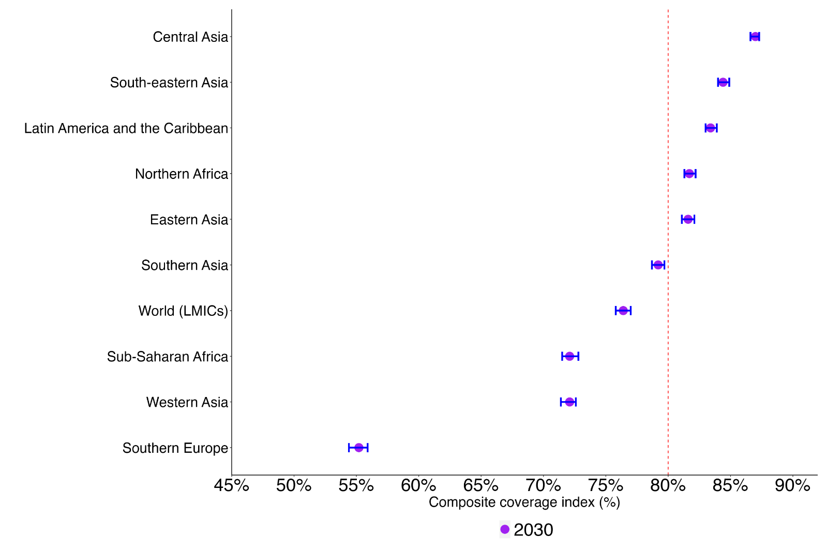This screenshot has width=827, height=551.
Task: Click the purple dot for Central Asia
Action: [755, 36]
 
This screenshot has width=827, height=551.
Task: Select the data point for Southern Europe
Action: [358, 448]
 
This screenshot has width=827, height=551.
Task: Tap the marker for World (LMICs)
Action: [623, 311]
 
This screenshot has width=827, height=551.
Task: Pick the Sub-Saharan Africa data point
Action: [569, 356]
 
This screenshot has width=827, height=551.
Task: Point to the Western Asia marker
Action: [569, 402]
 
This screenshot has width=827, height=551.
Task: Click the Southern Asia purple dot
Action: [658, 265]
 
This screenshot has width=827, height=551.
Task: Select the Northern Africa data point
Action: [689, 174]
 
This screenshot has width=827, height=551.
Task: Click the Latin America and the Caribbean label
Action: [126, 128]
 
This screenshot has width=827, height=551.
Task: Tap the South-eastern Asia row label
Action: [169, 83]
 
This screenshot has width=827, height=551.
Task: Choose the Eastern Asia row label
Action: [189, 220]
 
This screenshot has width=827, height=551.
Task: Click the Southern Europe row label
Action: [175, 448]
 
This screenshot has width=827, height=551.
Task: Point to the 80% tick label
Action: [668, 486]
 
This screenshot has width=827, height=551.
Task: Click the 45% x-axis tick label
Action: [232, 486]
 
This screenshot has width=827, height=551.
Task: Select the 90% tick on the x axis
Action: [792, 486]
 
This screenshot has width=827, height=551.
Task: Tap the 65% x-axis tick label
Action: [481, 486]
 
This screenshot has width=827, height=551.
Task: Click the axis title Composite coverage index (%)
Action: [524, 502]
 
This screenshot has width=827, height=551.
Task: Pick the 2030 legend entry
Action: [527, 530]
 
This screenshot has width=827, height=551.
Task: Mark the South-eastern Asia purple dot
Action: [723, 82]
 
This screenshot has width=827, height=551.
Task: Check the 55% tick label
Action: [356, 486]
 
